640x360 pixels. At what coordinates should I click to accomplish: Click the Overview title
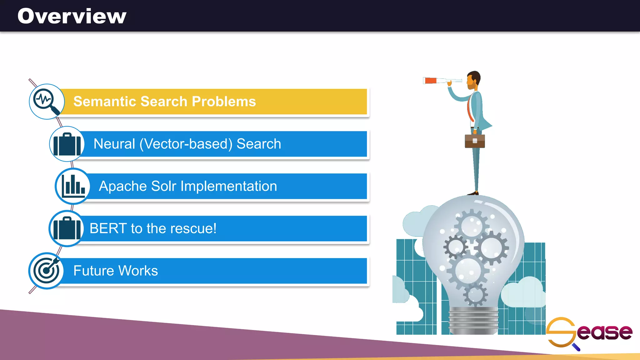tap(72, 16)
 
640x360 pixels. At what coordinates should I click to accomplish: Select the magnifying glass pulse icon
tap(47, 101)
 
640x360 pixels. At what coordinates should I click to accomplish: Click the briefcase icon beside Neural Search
tap(67, 144)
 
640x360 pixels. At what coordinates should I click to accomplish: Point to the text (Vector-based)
tap(186, 144)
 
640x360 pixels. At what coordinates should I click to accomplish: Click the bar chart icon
tap(73, 186)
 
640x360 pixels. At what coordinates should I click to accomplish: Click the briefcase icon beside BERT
tap(66, 228)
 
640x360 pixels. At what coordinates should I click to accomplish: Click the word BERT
tap(108, 228)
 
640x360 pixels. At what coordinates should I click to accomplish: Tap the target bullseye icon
tap(46, 270)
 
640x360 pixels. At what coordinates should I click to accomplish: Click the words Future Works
tap(116, 271)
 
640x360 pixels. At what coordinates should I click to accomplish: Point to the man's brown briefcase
tap(475, 141)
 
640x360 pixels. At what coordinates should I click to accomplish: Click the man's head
tap(473, 80)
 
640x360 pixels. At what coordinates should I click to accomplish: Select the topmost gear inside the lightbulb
tap(472, 225)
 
